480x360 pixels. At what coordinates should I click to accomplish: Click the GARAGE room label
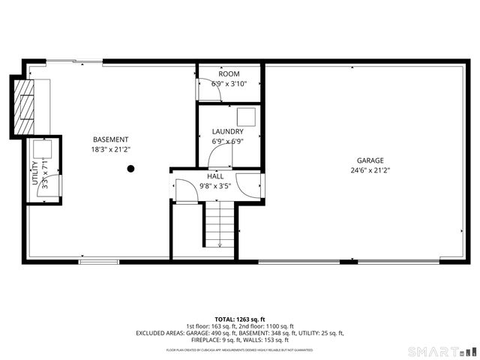(370, 160)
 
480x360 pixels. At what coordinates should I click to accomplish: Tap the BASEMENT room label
(110, 139)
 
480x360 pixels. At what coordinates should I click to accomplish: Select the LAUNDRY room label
(227, 131)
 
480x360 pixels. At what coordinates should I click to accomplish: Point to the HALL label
(215, 176)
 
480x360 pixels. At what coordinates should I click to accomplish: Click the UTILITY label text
(34, 173)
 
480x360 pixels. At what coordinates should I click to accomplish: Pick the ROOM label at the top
(229, 74)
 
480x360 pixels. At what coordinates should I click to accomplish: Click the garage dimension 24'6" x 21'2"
(370, 170)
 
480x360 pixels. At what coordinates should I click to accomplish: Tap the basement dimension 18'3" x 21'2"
(110, 149)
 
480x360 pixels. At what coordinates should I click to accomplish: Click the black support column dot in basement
(130, 169)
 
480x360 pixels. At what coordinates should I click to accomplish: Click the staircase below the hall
(220, 226)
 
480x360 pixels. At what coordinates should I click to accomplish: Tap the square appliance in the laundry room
(246, 116)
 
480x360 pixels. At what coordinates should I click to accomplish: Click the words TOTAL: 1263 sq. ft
(239, 319)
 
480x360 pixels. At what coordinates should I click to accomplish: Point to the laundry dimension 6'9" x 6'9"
(227, 140)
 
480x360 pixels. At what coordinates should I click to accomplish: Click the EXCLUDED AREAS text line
(239, 332)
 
